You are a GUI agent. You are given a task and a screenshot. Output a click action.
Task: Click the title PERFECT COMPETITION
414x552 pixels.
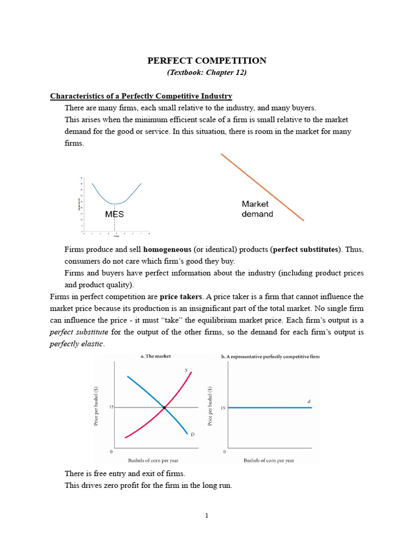tap(207, 61)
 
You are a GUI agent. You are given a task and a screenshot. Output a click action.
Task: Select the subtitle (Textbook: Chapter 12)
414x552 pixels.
tap(207, 72)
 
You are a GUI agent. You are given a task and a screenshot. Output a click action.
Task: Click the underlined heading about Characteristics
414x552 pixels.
tap(141, 96)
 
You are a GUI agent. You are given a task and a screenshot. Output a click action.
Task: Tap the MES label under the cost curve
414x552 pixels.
tap(114, 214)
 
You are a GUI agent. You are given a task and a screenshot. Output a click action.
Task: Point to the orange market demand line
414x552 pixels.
tap(262, 187)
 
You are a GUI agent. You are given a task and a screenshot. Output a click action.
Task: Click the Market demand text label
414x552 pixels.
tap(257, 209)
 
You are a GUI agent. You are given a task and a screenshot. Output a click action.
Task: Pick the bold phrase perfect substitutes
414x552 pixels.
tap(306, 250)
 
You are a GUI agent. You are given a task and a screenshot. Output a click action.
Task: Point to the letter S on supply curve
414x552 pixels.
tap(186, 370)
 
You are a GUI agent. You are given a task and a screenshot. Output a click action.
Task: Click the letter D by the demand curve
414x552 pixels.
tap(192, 434)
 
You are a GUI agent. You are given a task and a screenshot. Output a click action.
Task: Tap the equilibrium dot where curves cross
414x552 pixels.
tap(164, 408)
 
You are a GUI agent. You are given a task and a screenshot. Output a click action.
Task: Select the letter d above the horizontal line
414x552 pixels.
tap(309, 401)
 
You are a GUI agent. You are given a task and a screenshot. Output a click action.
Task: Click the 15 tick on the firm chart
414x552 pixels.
tap(223, 408)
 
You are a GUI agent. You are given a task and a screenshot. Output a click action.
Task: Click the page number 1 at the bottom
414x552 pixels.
tap(206, 515)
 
